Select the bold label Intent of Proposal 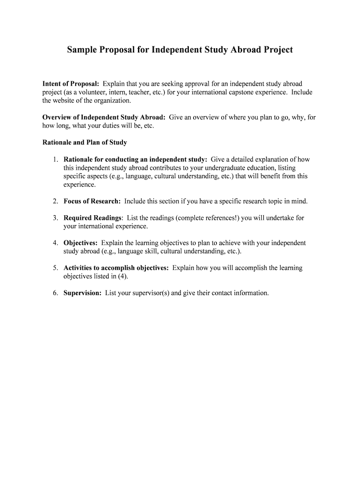(x=71, y=84)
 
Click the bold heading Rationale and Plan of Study (x=85, y=142)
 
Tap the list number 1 (x=55, y=160)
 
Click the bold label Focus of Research (x=92, y=201)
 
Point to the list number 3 (x=55, y=218)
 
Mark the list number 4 (x=55, y=243)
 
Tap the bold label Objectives (x=80, y=243)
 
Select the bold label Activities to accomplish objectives (x=116, y=268)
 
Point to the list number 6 (x=55, y=293)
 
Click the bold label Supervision (x=82, y=293)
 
